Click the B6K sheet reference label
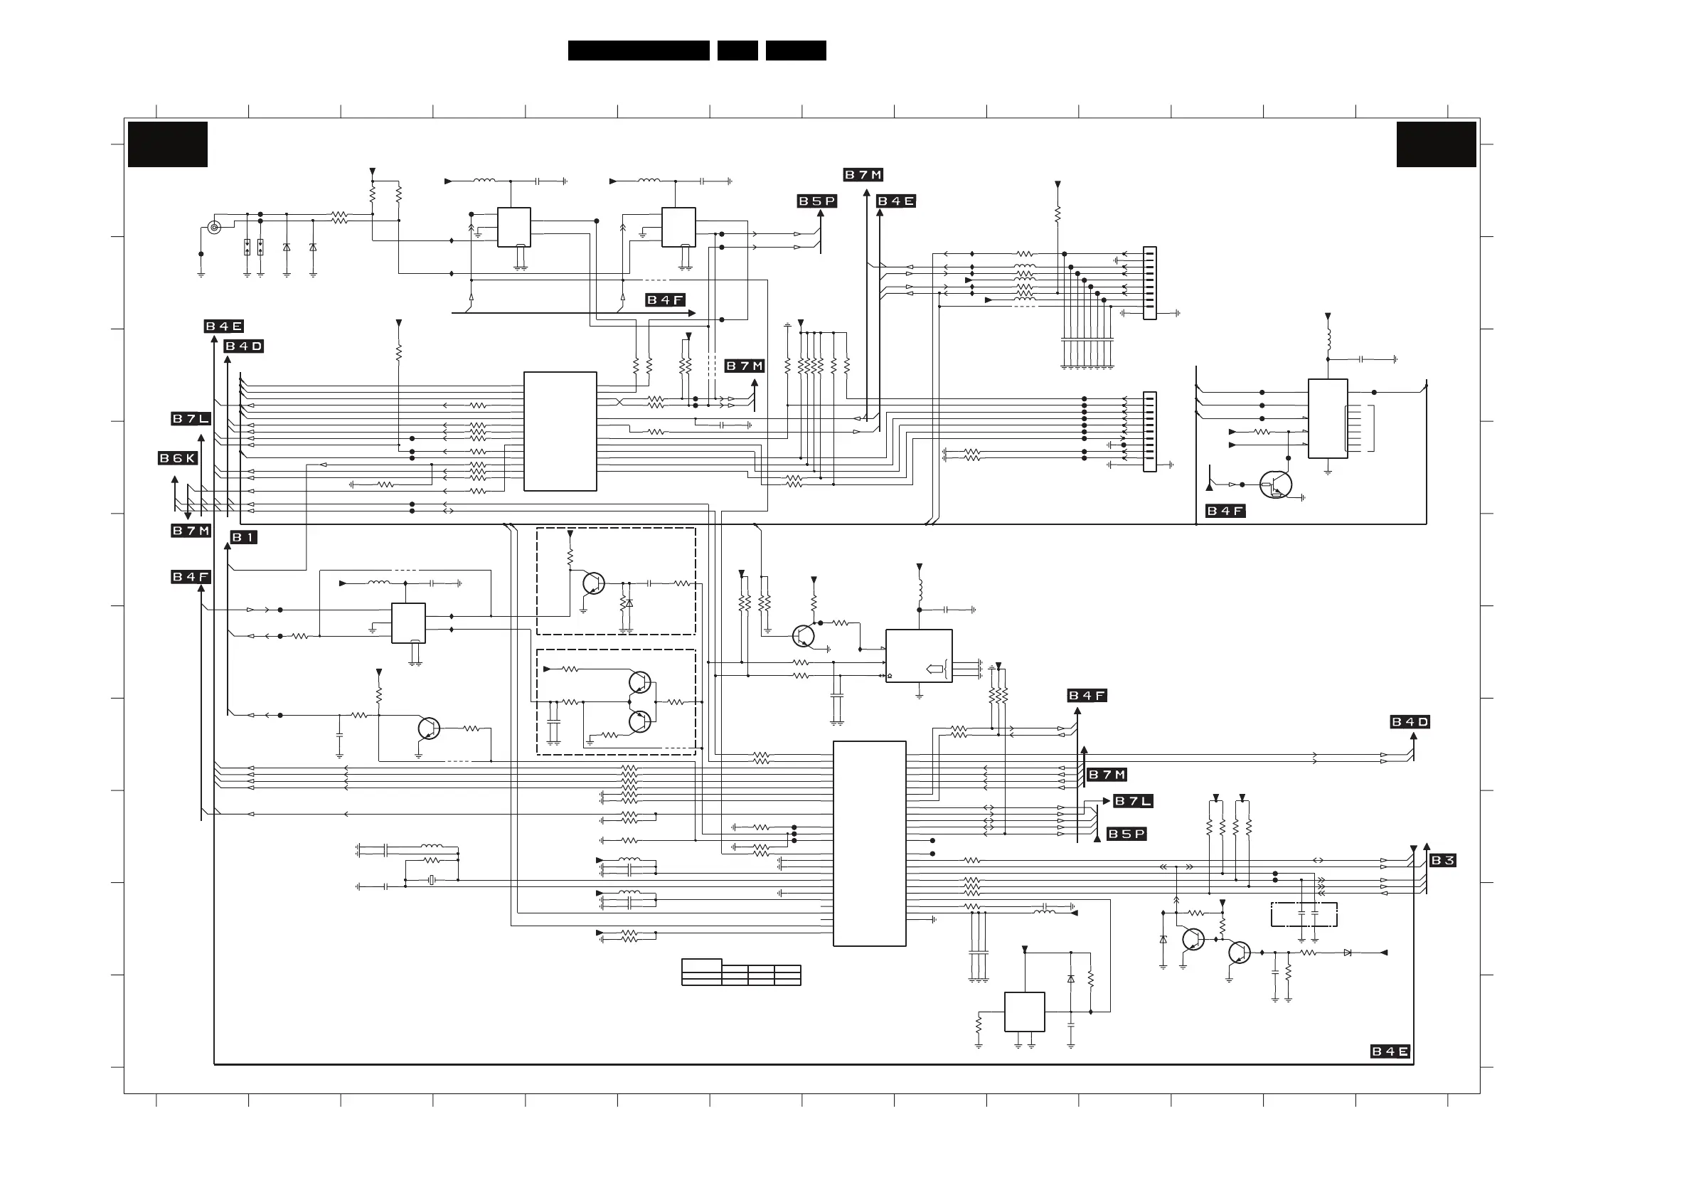(x=178, y=458)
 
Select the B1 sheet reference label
(x=243, y=537)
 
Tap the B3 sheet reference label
(x=1442, y=860)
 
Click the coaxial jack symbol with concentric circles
(x=214, y=228)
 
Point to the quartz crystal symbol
(x=432, y=880)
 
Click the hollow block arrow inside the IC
(x=934, y=669)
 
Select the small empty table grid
(x=741, y=972)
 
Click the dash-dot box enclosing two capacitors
(x=1304, y=915)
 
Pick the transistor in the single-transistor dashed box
(x=593, y=583)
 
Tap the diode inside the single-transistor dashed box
(x=629, y=603)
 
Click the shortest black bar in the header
(x=737, y=51)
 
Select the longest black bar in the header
(x=638, y=51)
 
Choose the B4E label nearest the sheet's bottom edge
(x=1390, y=1051)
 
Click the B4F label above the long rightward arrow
(x=665, y=299)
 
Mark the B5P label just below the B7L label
(x=1126, y=834)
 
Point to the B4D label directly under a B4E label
(x=243, y=346)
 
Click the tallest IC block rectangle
(x=869, y=843)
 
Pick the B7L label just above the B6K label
(x=191, y=418)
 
